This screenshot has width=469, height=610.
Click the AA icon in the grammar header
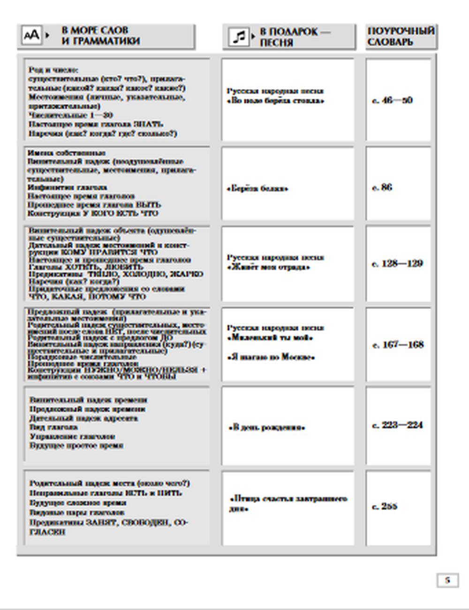[31, 35]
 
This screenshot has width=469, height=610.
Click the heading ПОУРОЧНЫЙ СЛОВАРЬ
[401, 36]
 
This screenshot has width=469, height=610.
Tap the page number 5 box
[447, 580]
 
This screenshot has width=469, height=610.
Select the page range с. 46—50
[392, 100]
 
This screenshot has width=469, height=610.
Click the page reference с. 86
[382, 187]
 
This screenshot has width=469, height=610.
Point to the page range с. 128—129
[397, 264]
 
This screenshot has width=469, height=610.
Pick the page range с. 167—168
[398, 345]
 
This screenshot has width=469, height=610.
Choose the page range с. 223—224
[397, 425]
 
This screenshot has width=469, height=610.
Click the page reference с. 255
[385, 506]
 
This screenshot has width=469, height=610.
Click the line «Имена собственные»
[67, 153]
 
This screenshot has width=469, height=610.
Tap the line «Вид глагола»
[54, 427]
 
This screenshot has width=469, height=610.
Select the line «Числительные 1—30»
[70, 115]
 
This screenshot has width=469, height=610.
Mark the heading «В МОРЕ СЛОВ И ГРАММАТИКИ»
[100, 36]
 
